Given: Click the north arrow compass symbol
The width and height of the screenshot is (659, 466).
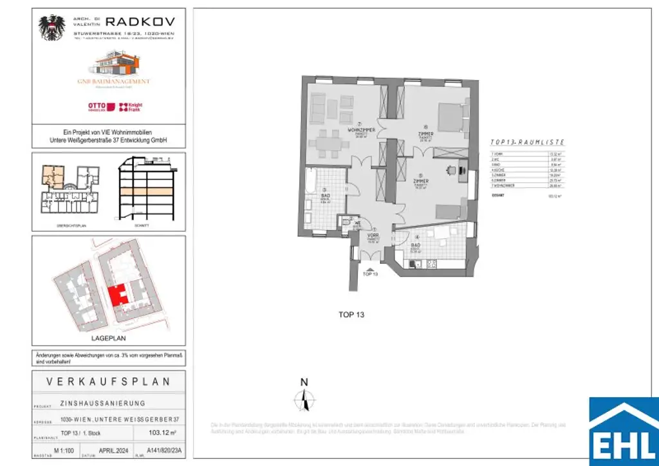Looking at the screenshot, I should (304, 400).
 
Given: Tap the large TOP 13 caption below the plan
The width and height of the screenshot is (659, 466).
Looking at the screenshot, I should (351, 315).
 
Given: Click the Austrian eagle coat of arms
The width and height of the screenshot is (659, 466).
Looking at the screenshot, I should (52, 28).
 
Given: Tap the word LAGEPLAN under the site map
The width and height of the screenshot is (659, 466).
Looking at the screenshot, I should (109, 337).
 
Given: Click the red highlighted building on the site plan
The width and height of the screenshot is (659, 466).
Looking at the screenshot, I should (117, 295).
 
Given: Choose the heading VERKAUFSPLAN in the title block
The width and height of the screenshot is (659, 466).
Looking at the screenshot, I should (109, 382).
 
